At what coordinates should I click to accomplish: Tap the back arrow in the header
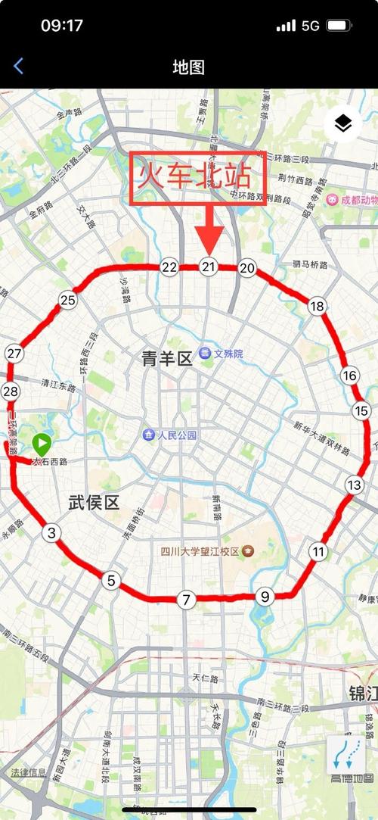click(x=18, y=67)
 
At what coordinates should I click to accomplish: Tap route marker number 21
click(x=209, y=267)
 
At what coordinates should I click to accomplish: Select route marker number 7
click(x=186, y=600)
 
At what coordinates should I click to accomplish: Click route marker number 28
click(x=11, y=391)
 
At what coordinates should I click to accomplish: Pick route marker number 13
click(x=354, y=485)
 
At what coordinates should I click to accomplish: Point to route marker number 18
click(x=317, y=306)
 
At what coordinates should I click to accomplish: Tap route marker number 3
click(x=51, y=533)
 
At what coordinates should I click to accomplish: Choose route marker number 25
click(x=68, y=301)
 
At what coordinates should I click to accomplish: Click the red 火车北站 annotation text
click(x=193, y=179)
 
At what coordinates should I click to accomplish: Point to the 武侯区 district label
click(x=94, y=501)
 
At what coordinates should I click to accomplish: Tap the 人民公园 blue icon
click(x=150, y=435)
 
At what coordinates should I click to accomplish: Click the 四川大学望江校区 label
click(x=200, y=550)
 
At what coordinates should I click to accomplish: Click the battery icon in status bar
click(x=338, y=25)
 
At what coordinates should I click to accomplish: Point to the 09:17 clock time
click(x=62, y=25)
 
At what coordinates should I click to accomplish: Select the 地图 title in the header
click(x=189, y=67)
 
